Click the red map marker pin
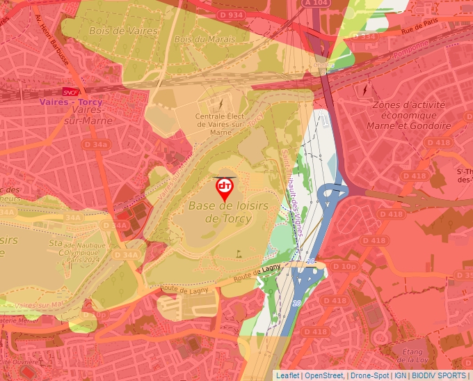[225, 188]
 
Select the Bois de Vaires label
[118, 31]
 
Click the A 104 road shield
[316, 3]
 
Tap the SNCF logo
[70, 91]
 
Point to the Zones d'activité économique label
[410, 115]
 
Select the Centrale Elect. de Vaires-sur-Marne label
[220, 124]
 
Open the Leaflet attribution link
[289, 375]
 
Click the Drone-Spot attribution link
[369, 375]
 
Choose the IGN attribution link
[401, 375]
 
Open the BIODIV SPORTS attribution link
[440, 375]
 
